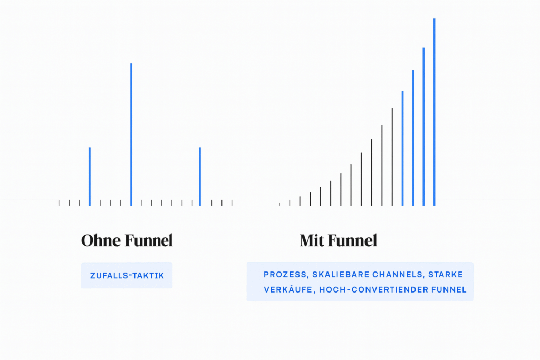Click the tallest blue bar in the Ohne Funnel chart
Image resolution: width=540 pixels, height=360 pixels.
131,134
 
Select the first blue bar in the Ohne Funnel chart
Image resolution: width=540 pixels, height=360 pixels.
90,176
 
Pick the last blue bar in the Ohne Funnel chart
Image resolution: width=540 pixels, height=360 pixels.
200,176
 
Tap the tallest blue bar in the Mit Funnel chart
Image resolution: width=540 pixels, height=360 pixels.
435,112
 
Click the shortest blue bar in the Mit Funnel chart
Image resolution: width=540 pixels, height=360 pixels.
402,148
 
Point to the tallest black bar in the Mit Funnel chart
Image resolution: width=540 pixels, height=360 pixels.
392,157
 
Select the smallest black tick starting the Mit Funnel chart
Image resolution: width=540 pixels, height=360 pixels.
279,205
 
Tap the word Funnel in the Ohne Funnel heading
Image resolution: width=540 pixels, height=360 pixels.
149,240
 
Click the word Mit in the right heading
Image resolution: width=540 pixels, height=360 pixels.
312,240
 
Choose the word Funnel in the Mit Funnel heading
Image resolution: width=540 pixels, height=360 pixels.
353,240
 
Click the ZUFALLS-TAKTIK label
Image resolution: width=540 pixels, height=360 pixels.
127,276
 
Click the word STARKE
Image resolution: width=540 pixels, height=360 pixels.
446,274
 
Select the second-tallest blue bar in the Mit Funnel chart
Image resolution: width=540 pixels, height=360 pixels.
423,127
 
